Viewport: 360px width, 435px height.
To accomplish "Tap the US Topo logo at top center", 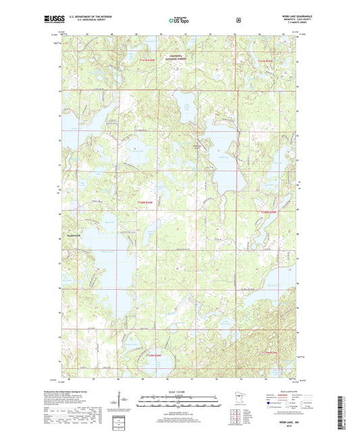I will pos(179,21).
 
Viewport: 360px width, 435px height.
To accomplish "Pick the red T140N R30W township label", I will pos(146,202).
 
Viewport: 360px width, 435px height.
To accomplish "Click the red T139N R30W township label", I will pos(154,356).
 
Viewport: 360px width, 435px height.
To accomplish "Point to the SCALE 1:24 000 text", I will pos(179,392).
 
